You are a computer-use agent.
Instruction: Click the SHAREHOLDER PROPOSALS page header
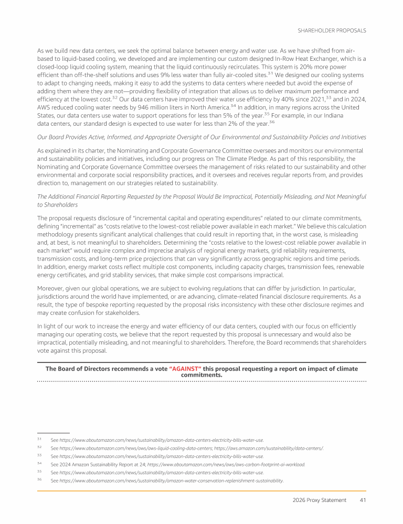[332, 30]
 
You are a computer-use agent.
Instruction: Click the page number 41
[362, 500]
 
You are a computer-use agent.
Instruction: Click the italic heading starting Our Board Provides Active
[201, 137]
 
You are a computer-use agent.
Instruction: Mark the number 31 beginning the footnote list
[39, 439]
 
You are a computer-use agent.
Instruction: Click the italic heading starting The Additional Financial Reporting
[201, 196]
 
